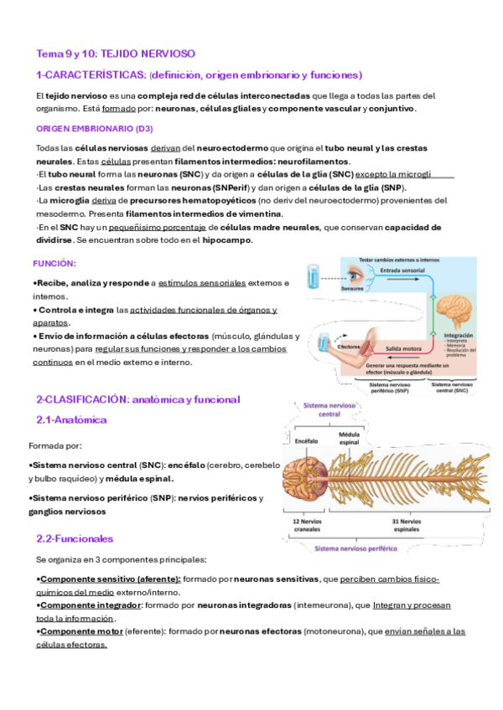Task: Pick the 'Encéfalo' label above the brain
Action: [307, 440]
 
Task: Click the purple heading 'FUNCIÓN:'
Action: [54, 263]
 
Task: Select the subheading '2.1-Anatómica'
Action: [71, 419]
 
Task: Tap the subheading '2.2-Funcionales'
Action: [75, 538]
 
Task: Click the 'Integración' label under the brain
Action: [458, 334]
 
